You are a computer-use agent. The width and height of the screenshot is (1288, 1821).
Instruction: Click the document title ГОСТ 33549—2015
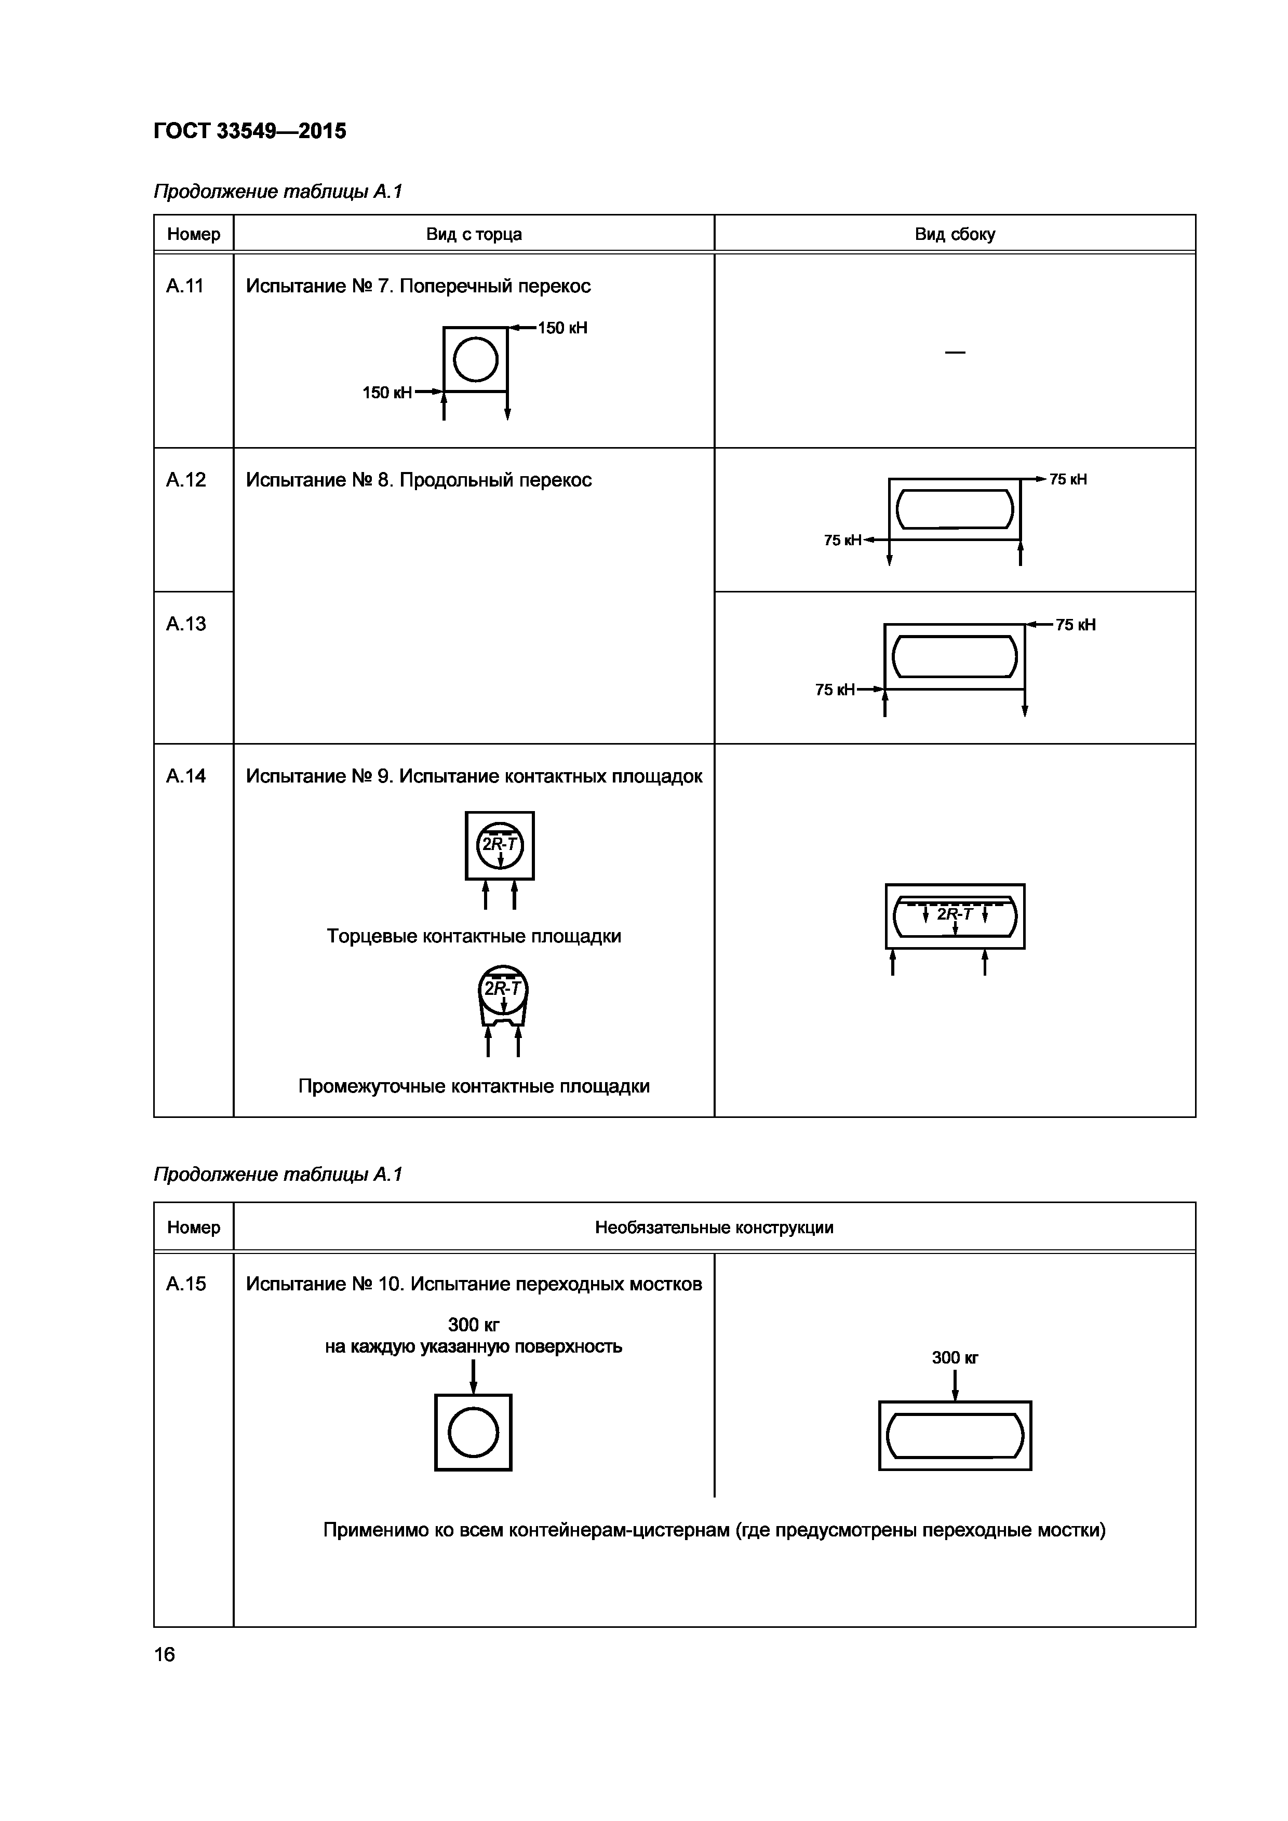[250, 131]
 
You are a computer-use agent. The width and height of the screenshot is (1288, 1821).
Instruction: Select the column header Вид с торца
[474, 234]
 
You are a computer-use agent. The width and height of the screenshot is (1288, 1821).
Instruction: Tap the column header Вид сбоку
[955, 234]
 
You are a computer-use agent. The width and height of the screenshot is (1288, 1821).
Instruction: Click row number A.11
[185, 286]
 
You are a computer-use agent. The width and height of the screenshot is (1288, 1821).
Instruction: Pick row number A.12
[185, 480]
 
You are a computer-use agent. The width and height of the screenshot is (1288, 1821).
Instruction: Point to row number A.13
[185, 624]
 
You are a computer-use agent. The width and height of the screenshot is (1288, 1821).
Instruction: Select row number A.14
[185, 776]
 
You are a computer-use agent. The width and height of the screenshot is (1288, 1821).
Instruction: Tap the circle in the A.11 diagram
[475, 359]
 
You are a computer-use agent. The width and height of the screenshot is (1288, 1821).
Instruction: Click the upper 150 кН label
[562, 328]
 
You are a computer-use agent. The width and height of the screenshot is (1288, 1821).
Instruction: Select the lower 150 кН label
[387, 393]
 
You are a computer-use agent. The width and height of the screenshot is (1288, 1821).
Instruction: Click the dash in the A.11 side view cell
[955, 352]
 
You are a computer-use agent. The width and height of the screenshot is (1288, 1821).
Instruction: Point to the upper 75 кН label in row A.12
[1067, 479]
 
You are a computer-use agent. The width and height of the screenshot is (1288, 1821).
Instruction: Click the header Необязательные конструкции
[714, 1228]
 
